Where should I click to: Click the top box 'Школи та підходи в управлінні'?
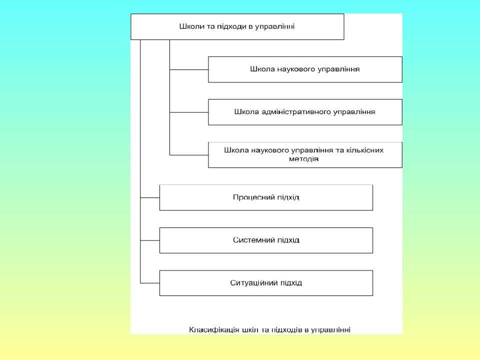pos(237,26)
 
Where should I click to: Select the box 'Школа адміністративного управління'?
pos(305,112)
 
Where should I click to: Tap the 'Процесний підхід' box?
pos(266,197)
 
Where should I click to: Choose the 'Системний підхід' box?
pos(266,240)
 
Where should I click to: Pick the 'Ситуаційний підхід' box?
pos(266,283)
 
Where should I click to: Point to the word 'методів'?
pos(303,159)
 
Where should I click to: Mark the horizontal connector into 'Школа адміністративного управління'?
pos(189,112)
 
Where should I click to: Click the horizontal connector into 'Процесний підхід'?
pos(150,198)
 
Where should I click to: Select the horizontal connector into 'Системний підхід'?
pos(150,240)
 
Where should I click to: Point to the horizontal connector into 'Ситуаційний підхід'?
pos(150,283)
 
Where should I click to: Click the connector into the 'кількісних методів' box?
pos(189,155)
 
